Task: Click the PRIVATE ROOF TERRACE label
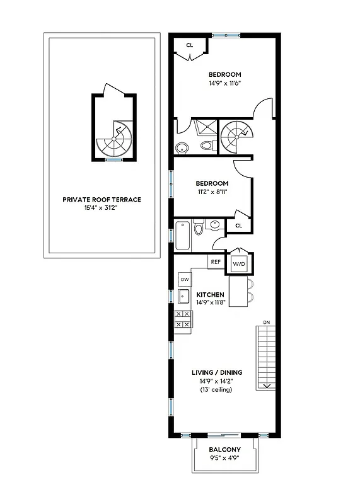coord(102,200)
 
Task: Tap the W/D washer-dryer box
coord(239,265)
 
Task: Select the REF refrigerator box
coord(216,261)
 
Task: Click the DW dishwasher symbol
coord(185,278)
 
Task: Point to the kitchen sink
coord(185,297)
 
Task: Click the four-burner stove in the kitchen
coord(183,319)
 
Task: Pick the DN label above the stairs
coord(266,323)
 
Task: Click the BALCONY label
coord(224,449)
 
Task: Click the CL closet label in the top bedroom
coord(190,45)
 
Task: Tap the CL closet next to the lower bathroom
coord(238,225)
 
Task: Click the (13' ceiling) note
coord(216,390)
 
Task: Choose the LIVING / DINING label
coord(216,372)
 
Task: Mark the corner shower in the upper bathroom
coord(206,128)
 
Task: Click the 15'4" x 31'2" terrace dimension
coord(102,208)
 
